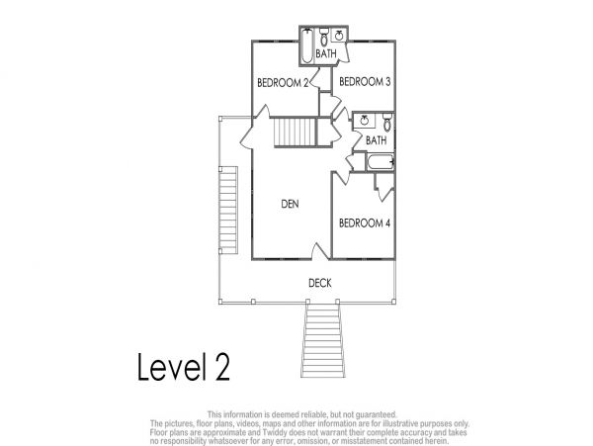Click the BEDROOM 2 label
[283, 83]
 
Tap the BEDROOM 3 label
[365, 82]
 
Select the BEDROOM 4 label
[364, 223]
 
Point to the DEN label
[290, 205]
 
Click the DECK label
[320, 283]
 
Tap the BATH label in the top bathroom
[326, 53]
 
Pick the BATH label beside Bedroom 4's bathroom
[376, 140]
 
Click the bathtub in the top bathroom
[307, 46]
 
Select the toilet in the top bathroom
[324, 36]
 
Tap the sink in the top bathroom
[339, 36]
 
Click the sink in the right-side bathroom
[364, 121]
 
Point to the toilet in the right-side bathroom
[387, 122]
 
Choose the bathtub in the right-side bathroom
[381, 162]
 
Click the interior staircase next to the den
[295, 132]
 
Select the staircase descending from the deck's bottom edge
[322, 340]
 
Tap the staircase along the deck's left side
[228, 211]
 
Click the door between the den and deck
[320, 251]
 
